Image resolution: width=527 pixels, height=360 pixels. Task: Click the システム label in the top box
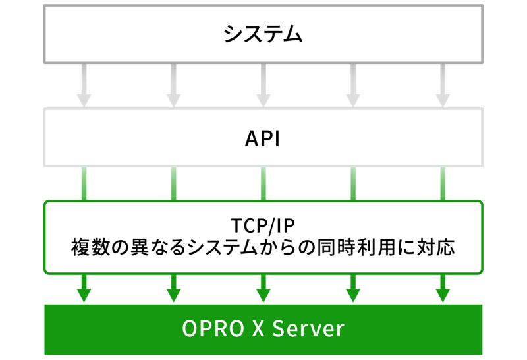[x=263, y=34]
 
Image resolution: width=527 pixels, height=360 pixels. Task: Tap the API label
[x=262, y=138]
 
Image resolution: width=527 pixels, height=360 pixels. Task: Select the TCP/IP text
[x=263, y=225]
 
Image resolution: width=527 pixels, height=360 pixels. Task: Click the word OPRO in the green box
[x=213, y=328]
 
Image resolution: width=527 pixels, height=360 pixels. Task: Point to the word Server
[x=308, y=328]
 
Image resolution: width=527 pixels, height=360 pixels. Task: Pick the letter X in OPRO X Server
[x=258, y=328]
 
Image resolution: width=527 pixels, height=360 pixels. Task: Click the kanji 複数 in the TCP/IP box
[x=90, y=247]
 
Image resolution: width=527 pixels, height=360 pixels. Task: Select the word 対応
[x=436, y=247]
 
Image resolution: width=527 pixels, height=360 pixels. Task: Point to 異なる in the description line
[x=158, y=247]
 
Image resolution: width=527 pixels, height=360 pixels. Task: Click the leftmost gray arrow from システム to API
[x=84, y=86]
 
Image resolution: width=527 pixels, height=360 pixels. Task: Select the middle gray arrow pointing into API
[x=263, y=86]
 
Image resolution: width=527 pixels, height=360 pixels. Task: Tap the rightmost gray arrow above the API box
[x=443, y=86]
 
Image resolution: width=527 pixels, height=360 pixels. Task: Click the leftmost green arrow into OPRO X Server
[x=84, y=288]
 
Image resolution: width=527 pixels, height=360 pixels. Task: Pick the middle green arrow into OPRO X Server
[x=263, y=288]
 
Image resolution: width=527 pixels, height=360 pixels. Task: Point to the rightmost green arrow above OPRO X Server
[x=443, y=288]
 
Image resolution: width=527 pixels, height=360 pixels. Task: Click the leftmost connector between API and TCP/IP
[x=84, y=184]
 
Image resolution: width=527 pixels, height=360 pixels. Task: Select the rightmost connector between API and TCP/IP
[x=443, y=184]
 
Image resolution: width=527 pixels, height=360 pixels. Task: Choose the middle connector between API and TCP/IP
[x=263, y=184]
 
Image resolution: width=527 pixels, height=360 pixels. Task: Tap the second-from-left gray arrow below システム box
[x=174, y=86]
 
